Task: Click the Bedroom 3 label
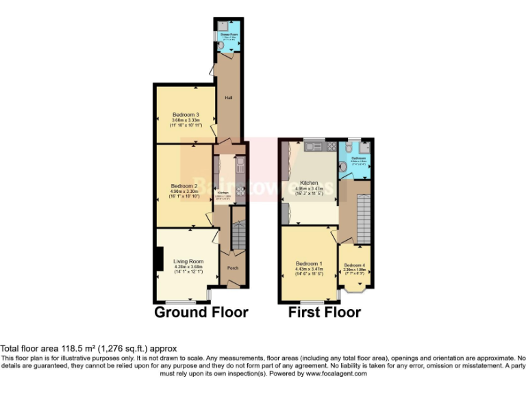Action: tap(186, 114)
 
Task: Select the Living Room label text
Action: tap(188, 261)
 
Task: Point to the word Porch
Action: tap(233, 267)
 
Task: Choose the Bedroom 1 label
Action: tap(309, 263)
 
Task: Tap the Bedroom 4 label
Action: tap(354, 265)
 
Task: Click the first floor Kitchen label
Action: tap(309, 183)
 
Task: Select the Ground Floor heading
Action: tap(201, 313)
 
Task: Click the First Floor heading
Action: tap(325, 313)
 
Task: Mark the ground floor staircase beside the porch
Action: tap(238, 236)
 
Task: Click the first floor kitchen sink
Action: tap(316, 146)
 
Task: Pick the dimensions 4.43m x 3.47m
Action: tap(309, 270)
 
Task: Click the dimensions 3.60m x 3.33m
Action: tap(186, 120)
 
